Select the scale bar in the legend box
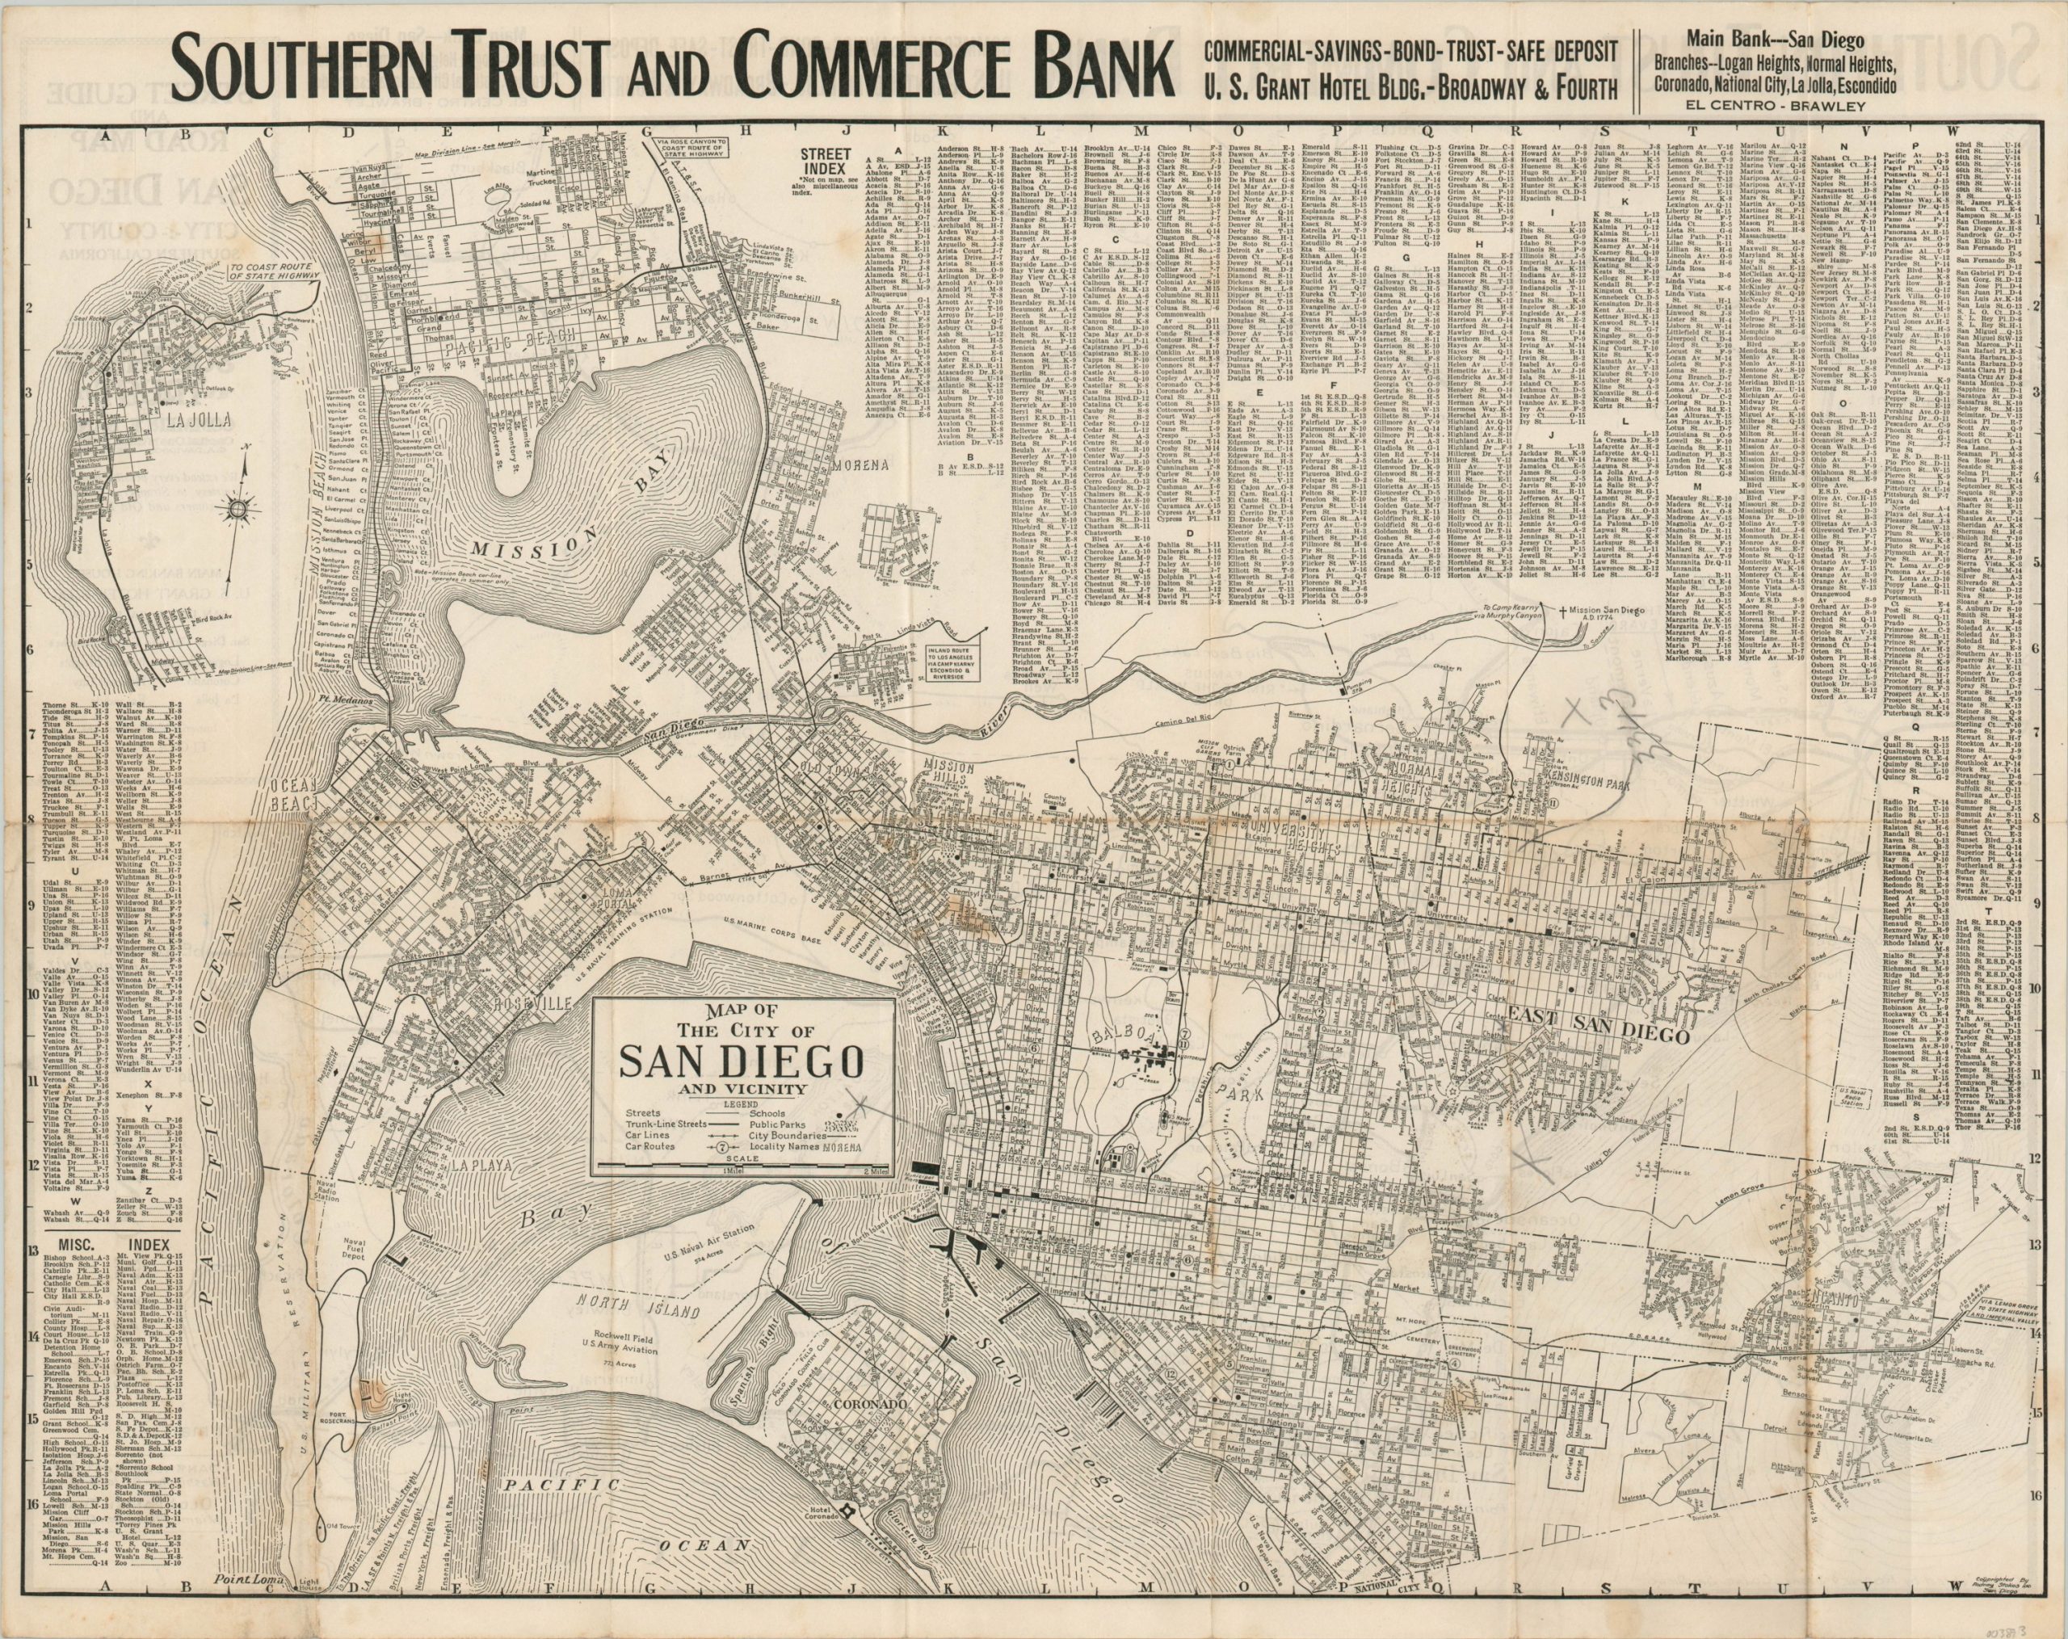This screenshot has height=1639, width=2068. pos(743,1167)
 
